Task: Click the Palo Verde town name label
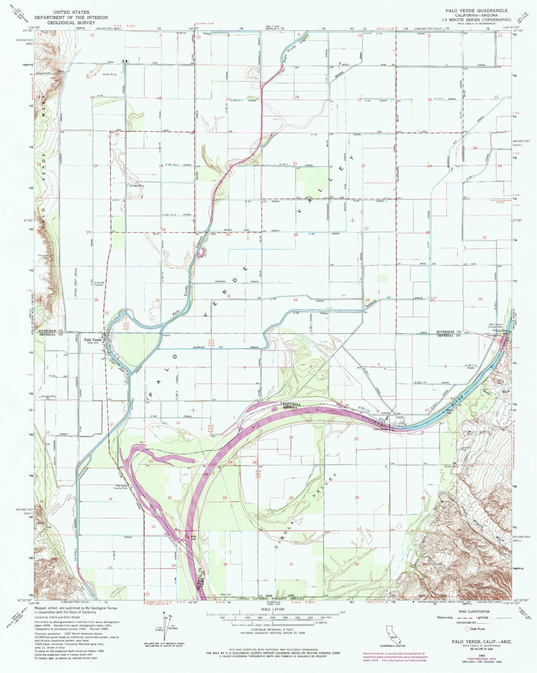[x=92, y=340]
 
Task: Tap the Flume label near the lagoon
[x=166, y=335]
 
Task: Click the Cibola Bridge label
[x=381, y=429]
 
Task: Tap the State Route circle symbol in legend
[x=467, y=629]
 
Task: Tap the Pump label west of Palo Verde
[x=52, y=376]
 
